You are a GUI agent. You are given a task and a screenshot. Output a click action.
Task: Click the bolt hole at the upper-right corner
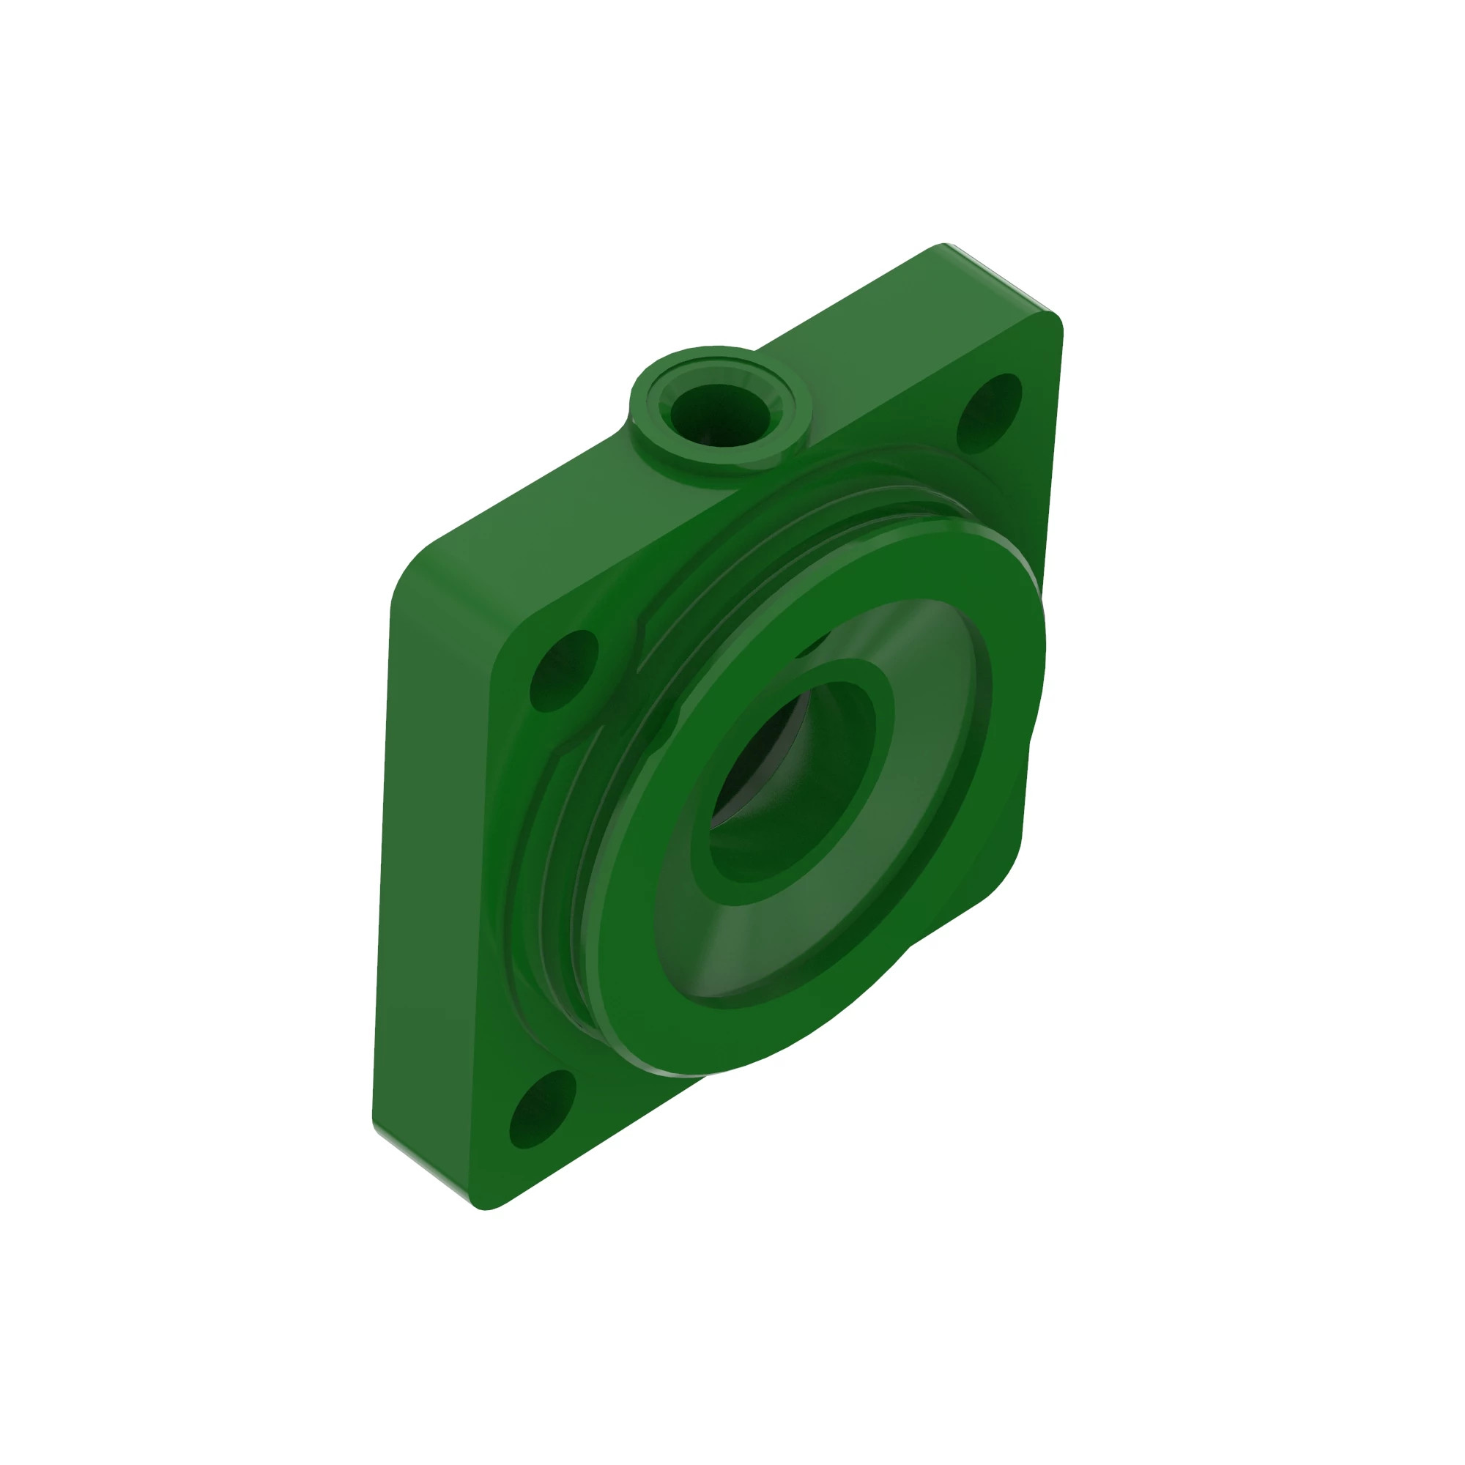989,413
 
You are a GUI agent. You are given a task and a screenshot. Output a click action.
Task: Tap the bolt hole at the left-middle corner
563,670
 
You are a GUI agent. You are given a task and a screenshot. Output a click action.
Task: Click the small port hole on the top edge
719,414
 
